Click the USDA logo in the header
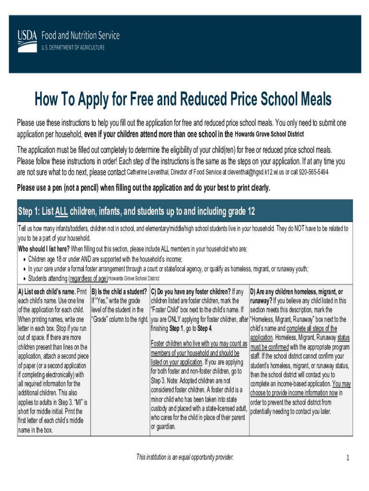[28, 35]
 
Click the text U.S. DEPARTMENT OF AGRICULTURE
[72, 47]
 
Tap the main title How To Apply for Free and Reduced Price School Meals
[182, 100]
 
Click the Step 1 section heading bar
[184, 211]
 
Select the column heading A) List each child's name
[46, 292]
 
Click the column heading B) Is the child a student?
[119, 292]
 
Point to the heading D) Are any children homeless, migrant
[296, 292]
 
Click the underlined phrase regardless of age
[89, 278]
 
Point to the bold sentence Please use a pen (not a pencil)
[143, 187]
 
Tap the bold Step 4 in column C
[203, 328]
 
